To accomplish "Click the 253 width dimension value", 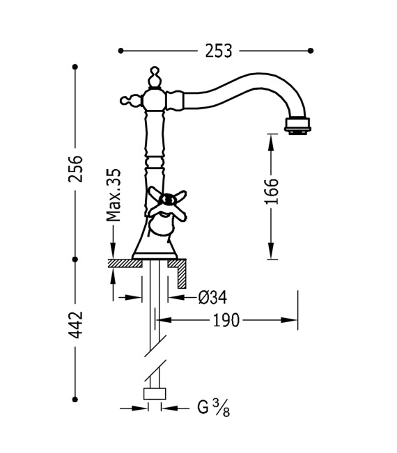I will [218, 50].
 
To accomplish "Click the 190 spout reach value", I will [226, 320].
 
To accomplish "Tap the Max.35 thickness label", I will [114, 194].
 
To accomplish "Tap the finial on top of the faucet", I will [155, 74].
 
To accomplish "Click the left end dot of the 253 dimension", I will [120, 50].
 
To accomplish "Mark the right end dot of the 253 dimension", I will [311, 50].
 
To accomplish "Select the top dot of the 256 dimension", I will [75, 67].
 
